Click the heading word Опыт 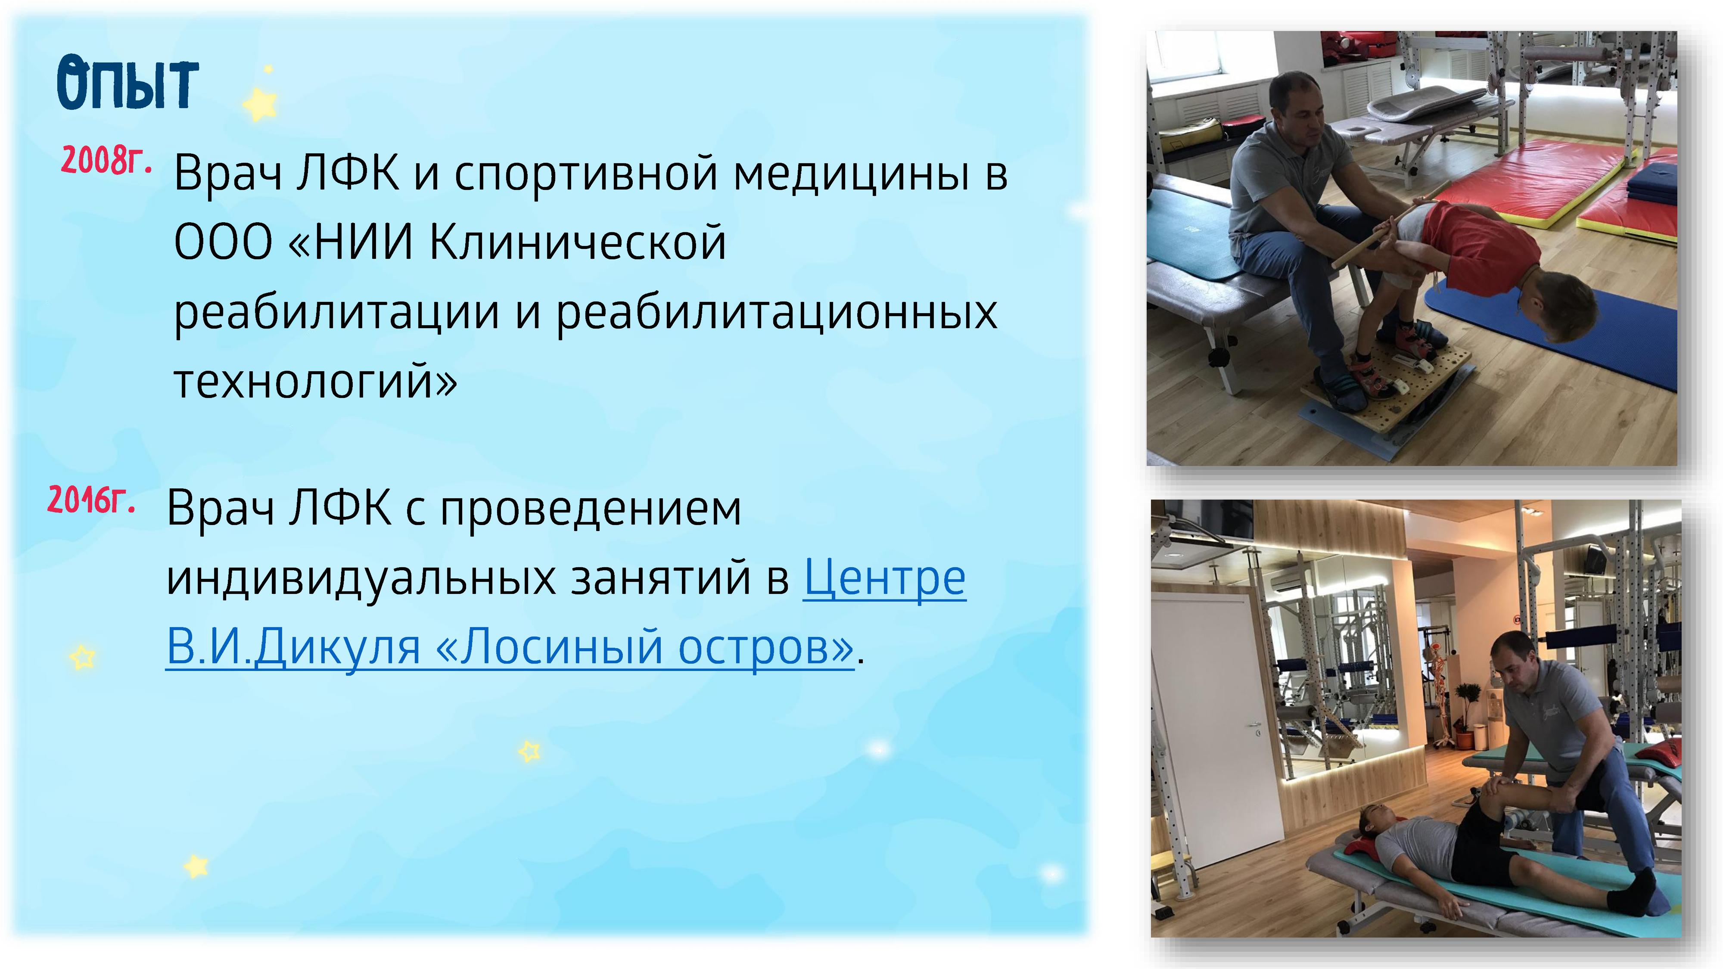[127, 84]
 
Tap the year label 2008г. [106, 161]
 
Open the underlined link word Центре [884, 578]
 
